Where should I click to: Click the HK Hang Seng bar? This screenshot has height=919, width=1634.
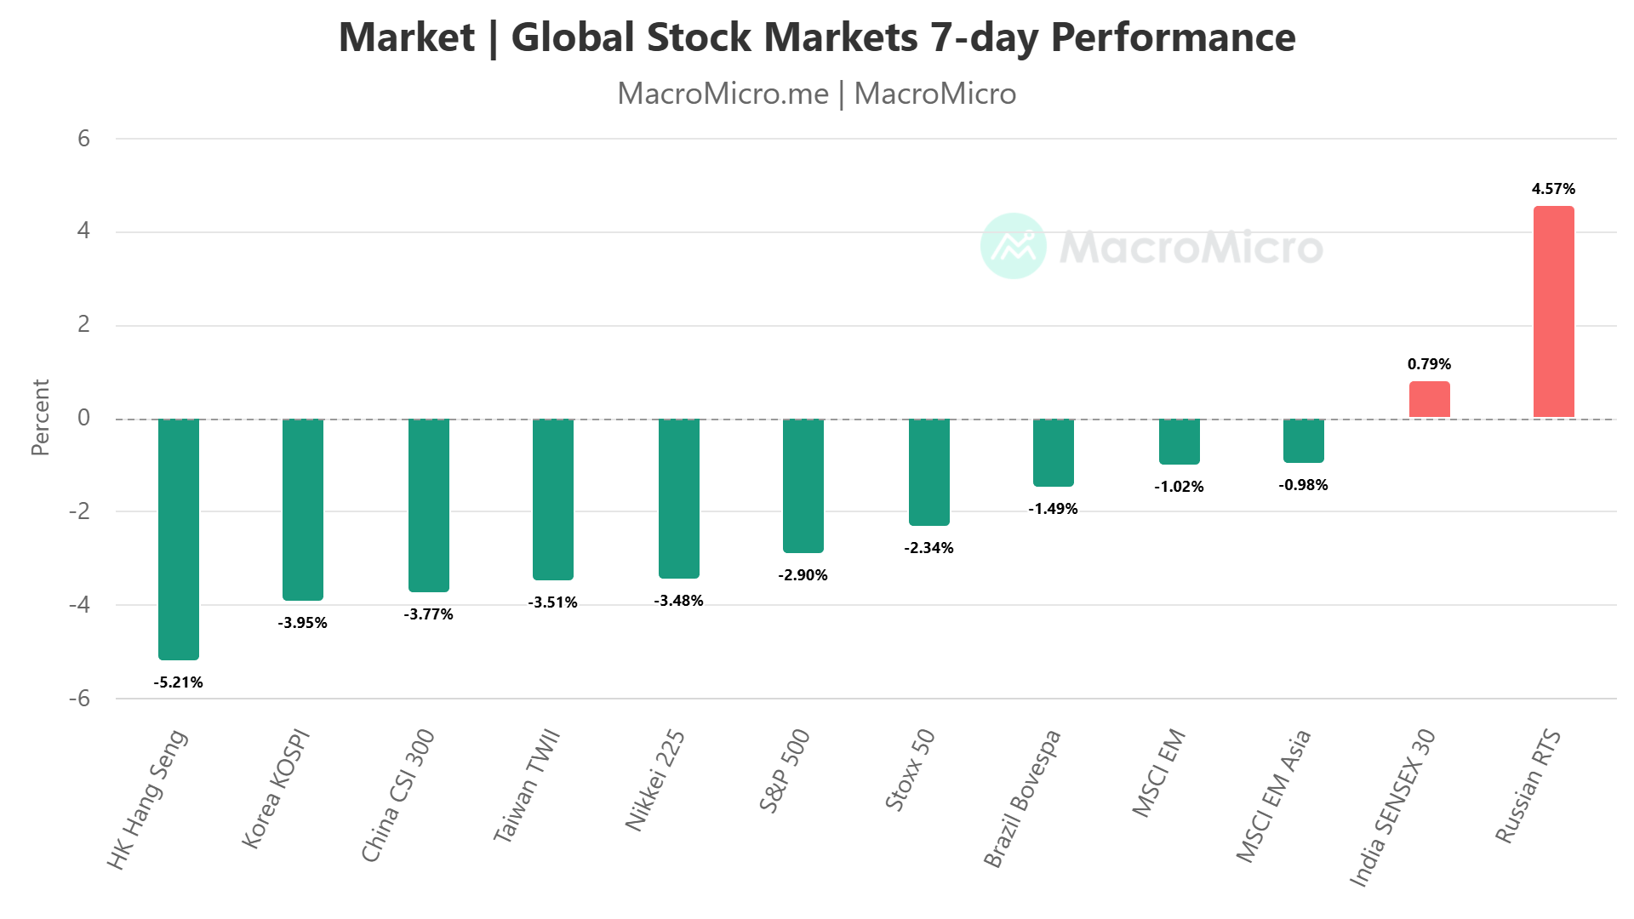tap(179, 539)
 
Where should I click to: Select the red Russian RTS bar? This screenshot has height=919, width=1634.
tap(1553, 311)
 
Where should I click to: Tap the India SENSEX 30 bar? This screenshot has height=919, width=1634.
tap(1429, 399)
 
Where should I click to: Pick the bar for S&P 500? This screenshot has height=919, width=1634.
tap(803, 485)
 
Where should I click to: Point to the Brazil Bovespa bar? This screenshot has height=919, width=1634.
tap(1053, 452)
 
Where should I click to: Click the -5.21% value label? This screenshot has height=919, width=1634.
tap(179, 682)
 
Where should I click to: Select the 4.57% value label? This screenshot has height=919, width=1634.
tap(1553, 189)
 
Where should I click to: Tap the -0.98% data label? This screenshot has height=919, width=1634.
tap(1303, 485)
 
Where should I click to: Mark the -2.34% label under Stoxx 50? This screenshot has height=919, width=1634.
tap(928, 548)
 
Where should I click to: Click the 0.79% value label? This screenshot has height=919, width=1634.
tap(1429, 364)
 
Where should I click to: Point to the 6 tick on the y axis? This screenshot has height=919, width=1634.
tap(83, 139)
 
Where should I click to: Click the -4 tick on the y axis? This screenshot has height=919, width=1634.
tap(79, 605)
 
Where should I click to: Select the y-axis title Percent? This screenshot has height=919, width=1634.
tap(40, 417)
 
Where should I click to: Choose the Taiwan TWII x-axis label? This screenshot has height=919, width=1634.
tap(527, 785)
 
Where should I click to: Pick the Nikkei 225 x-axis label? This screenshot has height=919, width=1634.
tap(654, 779)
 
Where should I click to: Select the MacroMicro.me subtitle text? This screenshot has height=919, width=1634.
tap(723, 94)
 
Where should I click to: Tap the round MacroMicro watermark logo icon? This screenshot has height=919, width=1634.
tap(1013, 246)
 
